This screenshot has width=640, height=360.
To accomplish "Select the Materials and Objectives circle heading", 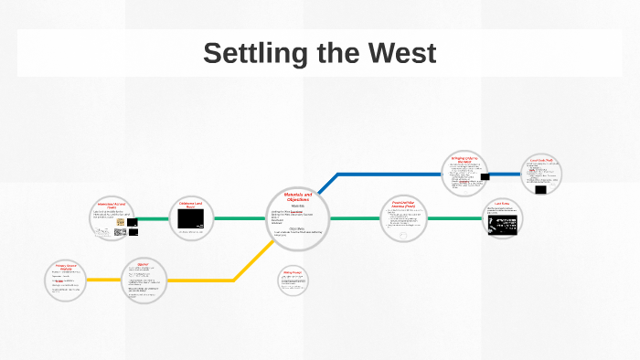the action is click(x=297, y=197).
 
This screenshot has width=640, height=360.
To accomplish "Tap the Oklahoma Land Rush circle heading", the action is click(x=190, y=205).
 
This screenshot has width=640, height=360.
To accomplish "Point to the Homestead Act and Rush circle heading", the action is click(x=116, y=206).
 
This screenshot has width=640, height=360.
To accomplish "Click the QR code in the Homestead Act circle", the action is click(x=120, y=232).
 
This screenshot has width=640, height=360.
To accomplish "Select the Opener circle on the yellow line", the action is click(x=144, y=281).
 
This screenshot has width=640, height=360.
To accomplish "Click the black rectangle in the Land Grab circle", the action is click(x=541, y=190).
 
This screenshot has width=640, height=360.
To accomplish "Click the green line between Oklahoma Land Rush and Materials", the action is click(x=240, y=219).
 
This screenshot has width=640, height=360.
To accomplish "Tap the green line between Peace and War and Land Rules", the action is click(x=454, y=219).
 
